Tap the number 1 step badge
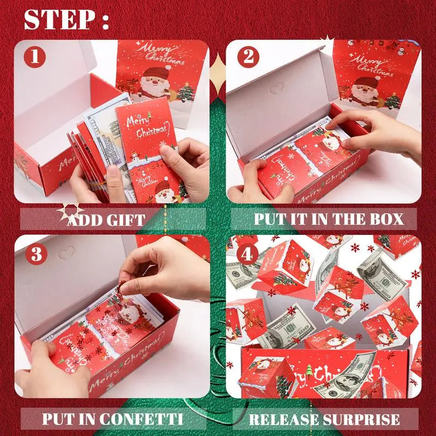pyautogui.click(x=35, y=57)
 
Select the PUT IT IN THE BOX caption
pyautogui.click(x=329, y=219)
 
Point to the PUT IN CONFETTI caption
pyautogui.click(x=112, y=420)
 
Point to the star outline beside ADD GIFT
pyautogui.click(x=73, y=211)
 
